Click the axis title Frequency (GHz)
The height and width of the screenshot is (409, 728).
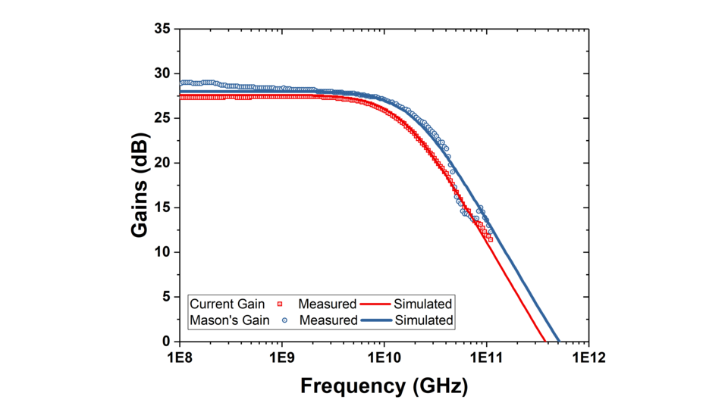pos(384,386)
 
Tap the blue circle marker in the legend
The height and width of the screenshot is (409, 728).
pos(284,320)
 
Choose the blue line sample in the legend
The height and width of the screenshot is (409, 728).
pos(376,320)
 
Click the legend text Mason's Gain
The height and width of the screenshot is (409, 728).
pos(228,320)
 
